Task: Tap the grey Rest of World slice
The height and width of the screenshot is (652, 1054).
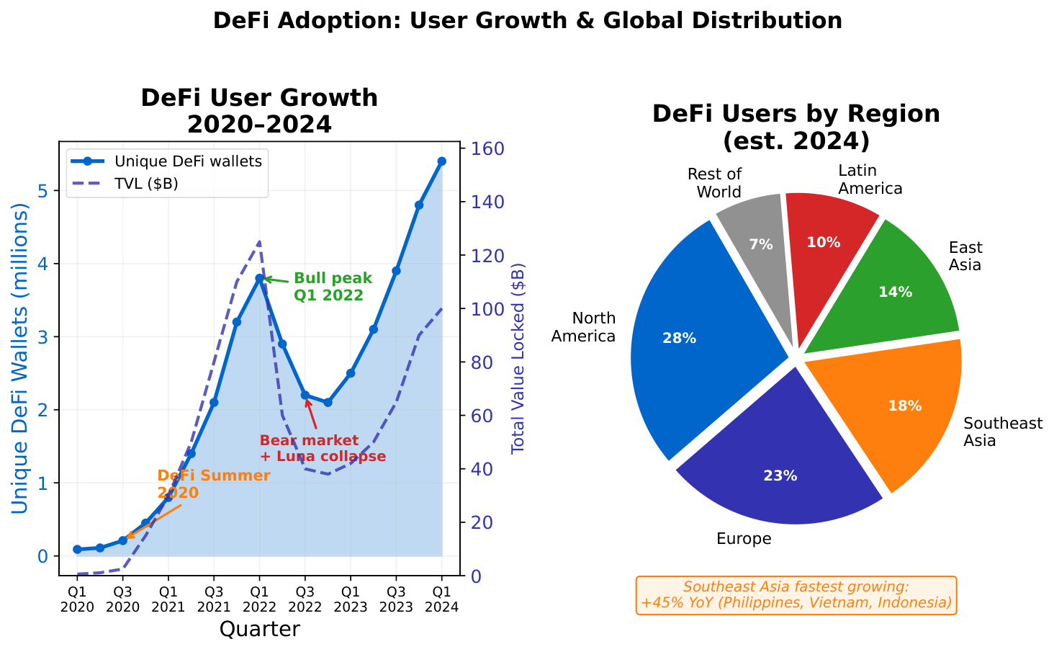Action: pos(756,231)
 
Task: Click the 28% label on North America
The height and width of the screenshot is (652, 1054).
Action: pos(679,338)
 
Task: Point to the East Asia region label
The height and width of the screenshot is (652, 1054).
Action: pos(965,256)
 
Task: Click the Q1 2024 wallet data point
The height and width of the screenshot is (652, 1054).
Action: pos(441,161)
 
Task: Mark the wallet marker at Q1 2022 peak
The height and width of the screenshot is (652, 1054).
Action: pos(259,278)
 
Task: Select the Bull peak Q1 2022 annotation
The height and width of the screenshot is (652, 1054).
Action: pos(332,286)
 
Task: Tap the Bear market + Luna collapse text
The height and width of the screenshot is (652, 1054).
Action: pos(322,448)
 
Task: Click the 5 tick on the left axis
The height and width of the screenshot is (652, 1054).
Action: pos(44,192)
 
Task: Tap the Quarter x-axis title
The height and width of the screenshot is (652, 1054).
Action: pos(259,630)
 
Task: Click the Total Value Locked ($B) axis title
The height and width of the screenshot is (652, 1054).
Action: pos(518,358)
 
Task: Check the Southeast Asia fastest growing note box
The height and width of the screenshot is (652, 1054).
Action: pos(796,595)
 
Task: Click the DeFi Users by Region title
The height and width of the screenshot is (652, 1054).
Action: pos(796,127)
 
